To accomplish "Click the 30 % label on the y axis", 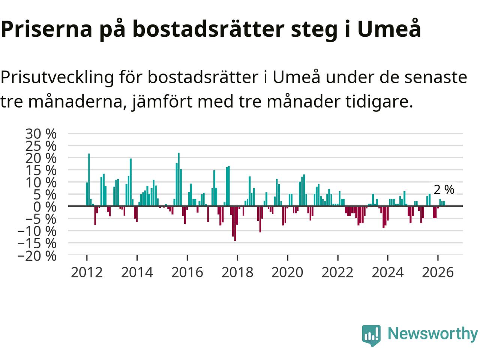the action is pyautogui.click(x=41, y=134).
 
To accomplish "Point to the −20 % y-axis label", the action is pyautogui.click(x=37, y=256).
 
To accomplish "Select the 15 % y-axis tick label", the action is pyautogui.click(x=41, y=171).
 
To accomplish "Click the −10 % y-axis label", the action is pyautogui.click(x=37, y=231).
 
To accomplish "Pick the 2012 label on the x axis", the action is pyautogui.click(x=87, y=273).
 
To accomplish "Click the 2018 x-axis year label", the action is pyautogui.click(x=237, y=273).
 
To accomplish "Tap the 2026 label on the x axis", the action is pyautogui.click(x=438, y=273).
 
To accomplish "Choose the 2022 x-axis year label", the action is pyautogui.click(x=337, y=273).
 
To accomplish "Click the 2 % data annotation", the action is pyautogui.click(x=444, y=189).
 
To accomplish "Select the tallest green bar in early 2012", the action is pyautogui.click(x=89, y=180).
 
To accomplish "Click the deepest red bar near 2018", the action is pyautogui.click(x=235, y=223).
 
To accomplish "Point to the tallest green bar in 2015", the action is pyautogui.click(x=179, y=179).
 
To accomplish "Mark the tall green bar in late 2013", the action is pyautogui.click(x=131, y=182).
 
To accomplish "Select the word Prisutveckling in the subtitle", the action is pyautogui.click(x=57, y=78).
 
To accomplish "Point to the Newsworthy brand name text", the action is pyautogui.click(x=433, y=334).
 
